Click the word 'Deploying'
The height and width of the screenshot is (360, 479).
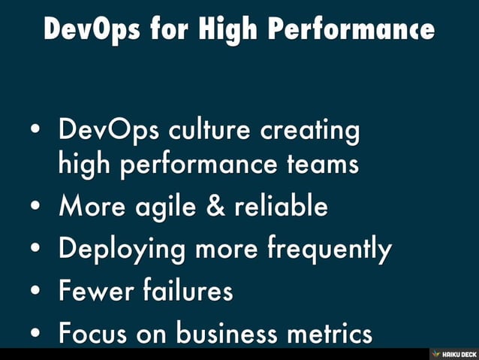pyautogui.click(x=122, y=249)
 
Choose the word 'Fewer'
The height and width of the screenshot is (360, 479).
pyautogui.click(x=92, y=291)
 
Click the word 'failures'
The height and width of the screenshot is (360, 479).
pyautogui.click(x=186, y=291)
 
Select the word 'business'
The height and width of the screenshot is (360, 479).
pyautogui.click(x=227, y=333)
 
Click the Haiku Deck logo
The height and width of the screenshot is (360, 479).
pyautogui.click(x=453, y=353)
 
